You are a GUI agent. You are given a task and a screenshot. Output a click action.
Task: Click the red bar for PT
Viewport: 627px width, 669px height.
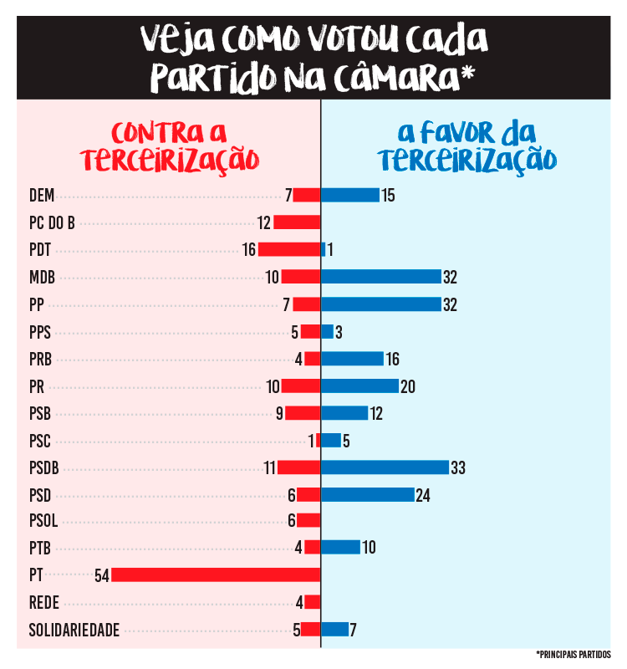pyautogui.click(x=216, y=575)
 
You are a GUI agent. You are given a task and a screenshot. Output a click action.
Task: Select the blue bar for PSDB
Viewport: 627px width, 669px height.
pyautogui.click(x=385, y=467)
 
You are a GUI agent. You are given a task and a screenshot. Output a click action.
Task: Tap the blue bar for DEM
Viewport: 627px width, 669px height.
pyautogui.click(x=349, y=195)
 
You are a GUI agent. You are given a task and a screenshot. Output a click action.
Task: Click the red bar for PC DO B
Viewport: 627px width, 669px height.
pyautogui.click(x=297, y=222)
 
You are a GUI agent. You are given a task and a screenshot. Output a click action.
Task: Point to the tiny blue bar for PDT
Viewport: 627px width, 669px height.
pyautogui.click(x=323, y=249)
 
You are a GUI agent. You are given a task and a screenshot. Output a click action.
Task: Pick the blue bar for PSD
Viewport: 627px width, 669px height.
pyautogui.click(x=367, y=494)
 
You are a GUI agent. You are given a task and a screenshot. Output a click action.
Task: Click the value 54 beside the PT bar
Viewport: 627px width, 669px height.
pyautogui.click(x=102, y=575)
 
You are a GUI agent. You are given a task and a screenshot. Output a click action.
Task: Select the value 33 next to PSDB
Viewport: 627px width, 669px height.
pyautogui.click(x=457, y=467)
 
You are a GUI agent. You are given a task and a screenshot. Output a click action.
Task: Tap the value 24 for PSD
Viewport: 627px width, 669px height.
pyautogui.click(x=422, y=494)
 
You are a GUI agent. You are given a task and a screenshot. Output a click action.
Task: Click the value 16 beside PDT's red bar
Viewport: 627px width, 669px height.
pyautogui.click(x=248, y=249)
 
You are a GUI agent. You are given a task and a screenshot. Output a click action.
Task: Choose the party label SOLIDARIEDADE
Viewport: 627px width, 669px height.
pyautogui.click(x=74, y=630)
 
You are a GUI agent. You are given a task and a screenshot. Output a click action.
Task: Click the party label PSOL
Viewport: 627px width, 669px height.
pyautogui.click(x=43, y=521)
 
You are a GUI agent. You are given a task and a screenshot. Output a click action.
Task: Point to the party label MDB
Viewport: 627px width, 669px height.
pyautogui.click(x=42, y=277)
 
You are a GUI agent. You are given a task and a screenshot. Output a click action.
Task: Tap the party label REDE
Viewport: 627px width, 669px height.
pyautogui.click(x=43, y=602)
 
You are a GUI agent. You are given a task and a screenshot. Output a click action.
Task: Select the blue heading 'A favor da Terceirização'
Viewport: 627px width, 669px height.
pyautogui.click(x=466, y=146)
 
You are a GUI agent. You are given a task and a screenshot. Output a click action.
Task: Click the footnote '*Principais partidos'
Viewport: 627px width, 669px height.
pyautogui.click(x=573, y=654)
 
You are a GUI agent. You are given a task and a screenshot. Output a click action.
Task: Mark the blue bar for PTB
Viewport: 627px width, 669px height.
pyautogui.click(x=340, y=548)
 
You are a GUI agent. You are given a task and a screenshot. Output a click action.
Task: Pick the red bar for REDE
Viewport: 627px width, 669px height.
pyautogui.click(x=313, y=602)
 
